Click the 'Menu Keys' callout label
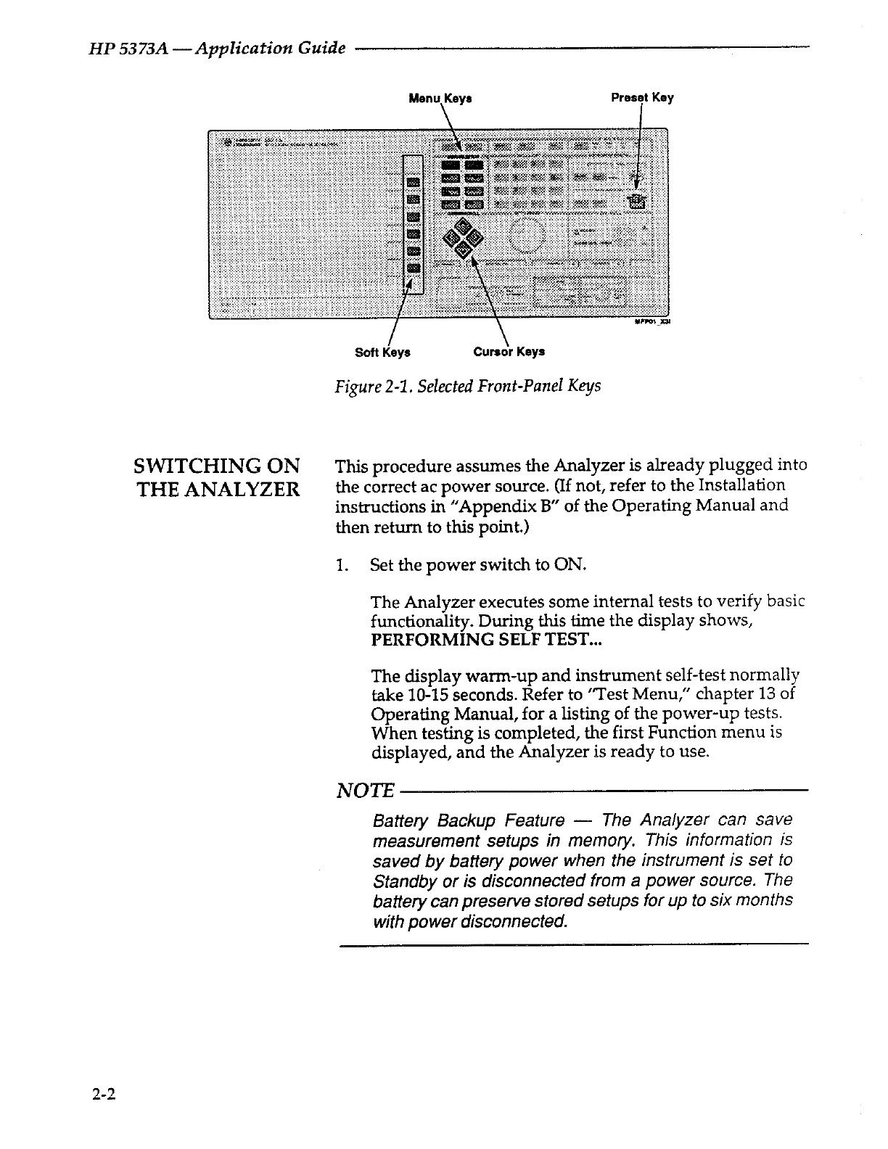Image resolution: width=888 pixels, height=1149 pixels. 440,98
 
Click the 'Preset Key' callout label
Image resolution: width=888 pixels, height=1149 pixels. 642,97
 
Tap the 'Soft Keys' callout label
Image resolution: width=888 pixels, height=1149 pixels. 382,352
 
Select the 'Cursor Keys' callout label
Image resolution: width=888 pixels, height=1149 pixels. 509,352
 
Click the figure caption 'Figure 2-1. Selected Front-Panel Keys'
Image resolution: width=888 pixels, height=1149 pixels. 467,386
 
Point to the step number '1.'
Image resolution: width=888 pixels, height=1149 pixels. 342,564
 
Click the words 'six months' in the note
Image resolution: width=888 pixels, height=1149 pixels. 755,900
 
